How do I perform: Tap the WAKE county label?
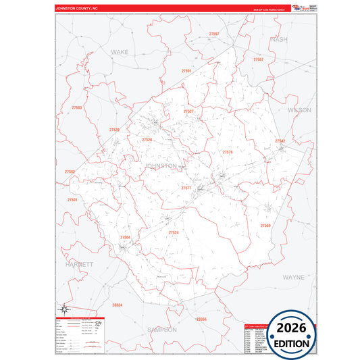(120, 51)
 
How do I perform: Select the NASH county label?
(279, 40)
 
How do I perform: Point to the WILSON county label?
(299, 109)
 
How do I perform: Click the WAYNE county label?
(292, 277)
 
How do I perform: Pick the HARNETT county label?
(79, 265)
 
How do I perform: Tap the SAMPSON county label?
(161, 330)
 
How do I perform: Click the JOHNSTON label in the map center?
(161, 165)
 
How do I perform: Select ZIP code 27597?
(214, 34)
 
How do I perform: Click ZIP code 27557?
(259, 59)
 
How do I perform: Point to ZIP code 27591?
(187, 71)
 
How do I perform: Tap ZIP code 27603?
(76, 107)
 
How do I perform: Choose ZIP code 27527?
(188, 111)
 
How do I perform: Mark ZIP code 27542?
(280, 140)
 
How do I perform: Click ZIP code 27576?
(228, 152)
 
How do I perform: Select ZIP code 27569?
(265, 225)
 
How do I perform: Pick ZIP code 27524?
(174, 232)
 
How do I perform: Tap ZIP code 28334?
(118, 305)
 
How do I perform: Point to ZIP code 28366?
(201, 318)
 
